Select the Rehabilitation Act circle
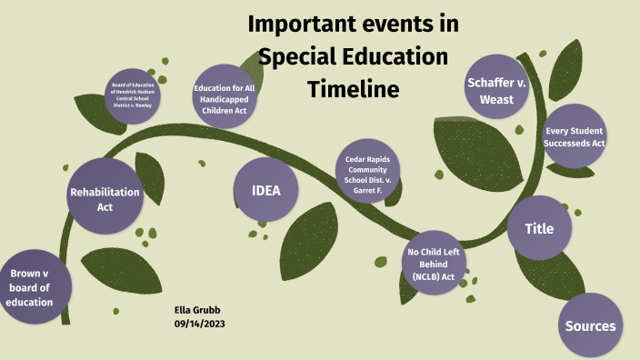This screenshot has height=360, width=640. click(x=105, y=198)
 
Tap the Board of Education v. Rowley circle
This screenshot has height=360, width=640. click(x=133, y=95)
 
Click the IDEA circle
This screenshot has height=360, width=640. click(x=266, y=191)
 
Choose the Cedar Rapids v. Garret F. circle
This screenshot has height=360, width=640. click(x=367, y=175)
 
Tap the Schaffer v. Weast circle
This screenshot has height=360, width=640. click(x=497, y=90)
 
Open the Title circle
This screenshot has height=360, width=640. click(x=539, y=228)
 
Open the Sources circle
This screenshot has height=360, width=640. click(x=590, y=325)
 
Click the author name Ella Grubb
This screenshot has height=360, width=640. click(x=197, y=310)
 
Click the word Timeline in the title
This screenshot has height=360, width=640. click(x=354, y=89)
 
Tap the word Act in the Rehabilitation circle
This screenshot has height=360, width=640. click(x=105, y=206)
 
